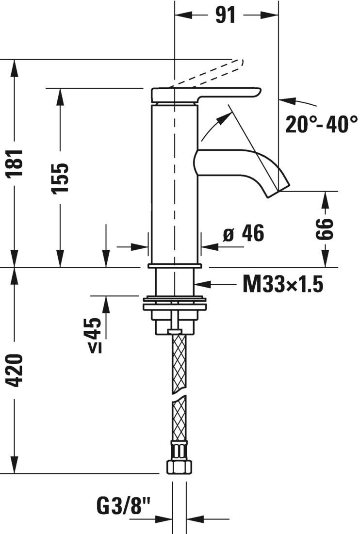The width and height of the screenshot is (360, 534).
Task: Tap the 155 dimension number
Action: point(61,178)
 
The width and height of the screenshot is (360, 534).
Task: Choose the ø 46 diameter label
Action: point(244,234)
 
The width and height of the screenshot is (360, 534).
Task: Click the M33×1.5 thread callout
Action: point(282,284)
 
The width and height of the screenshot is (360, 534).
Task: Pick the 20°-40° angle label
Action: point(321,124)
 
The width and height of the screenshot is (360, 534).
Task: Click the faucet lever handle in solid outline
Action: point(206,95)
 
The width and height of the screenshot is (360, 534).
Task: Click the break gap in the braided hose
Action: point(179,393)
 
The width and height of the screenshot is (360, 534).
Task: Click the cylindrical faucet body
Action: point(173,184)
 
